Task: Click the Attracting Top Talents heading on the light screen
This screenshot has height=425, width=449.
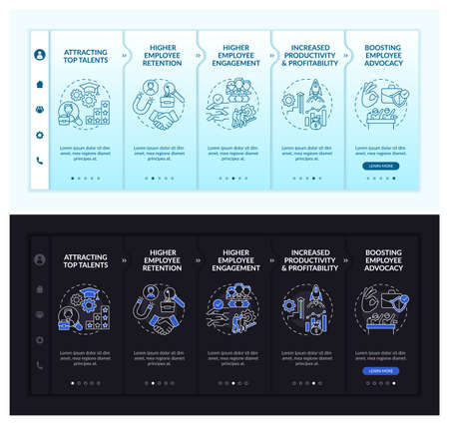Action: click(85, 55)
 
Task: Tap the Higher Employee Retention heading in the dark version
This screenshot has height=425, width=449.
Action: click(162, 262)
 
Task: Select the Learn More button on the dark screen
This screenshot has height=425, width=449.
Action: click(380, 371)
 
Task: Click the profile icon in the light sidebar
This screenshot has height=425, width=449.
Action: click(40, 55)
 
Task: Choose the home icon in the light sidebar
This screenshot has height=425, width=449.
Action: click(40, 84)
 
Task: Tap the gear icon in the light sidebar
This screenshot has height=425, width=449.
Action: click(40, 135)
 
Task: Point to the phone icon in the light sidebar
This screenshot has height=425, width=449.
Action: click(40, 161)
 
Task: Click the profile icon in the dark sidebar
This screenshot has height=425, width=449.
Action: click(40, 259)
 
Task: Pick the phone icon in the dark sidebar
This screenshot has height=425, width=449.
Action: click(40, 365)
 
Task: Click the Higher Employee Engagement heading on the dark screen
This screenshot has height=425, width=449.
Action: click(235, 262)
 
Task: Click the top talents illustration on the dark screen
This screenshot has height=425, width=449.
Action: click(85, 310)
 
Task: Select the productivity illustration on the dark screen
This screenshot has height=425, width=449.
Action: click(307, 310)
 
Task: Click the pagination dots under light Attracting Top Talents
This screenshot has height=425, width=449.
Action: click(85, 179)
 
